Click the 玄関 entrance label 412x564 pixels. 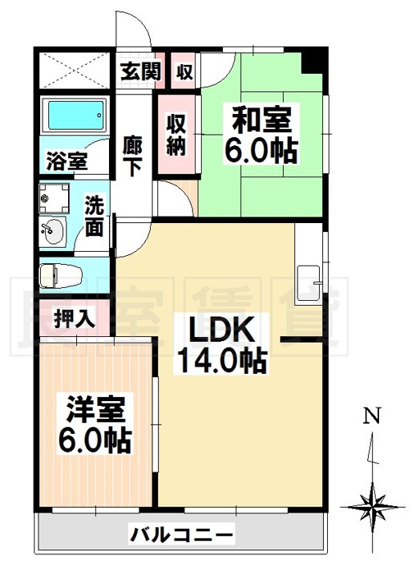click(x=141, y=71)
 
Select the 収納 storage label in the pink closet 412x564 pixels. click(x=176, y=134)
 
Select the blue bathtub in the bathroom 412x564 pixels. click(x=74, y=118)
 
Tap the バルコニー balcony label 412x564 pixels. click(x=182, y=534)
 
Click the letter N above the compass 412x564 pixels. click(x=370, y=416)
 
